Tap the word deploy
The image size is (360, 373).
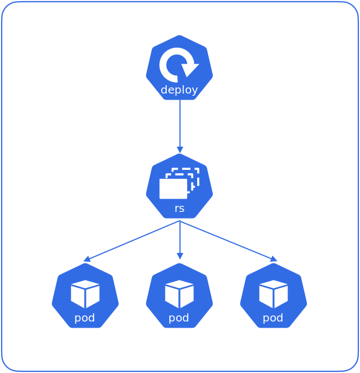coord(179,90)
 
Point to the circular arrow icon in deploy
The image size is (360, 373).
coord(178,64)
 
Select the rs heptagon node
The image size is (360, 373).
coord(179,186)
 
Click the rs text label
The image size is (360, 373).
coord(179,209)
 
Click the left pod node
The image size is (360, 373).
coord(85,296)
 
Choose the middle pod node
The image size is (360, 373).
coord(179,296)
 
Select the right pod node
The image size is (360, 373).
coord(274,296)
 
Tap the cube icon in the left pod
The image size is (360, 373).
coord(85,293)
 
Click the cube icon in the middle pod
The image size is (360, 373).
coord(179,293)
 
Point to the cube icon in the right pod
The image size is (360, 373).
coord(274,293)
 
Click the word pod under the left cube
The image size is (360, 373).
coord(85,318)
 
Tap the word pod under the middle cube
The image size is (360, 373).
coord(179,318)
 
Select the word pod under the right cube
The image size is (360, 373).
coord(273,318)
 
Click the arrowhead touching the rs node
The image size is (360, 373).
coord(179,149)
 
